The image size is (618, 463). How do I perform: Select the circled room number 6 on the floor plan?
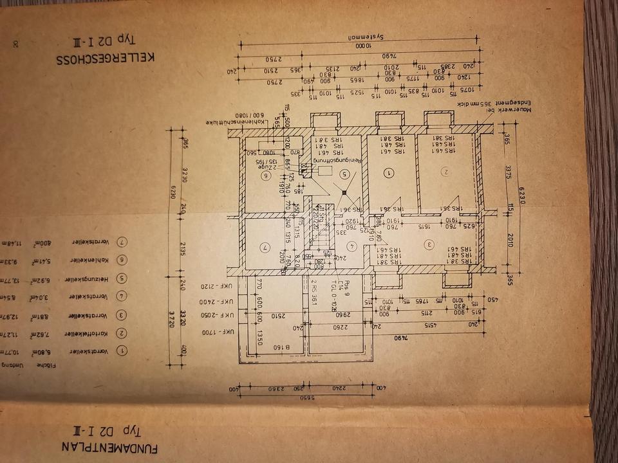click(265, 174)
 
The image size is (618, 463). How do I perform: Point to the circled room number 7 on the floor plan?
click(265, 247)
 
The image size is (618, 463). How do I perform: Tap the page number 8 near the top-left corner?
click(15, 45)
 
